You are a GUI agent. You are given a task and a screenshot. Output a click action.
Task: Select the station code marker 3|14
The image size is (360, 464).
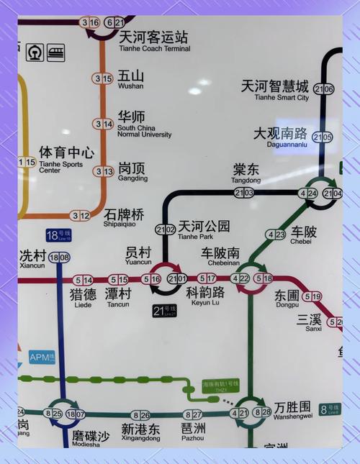pos(103,124)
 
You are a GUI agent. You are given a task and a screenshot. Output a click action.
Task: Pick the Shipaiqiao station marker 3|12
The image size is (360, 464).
pos(81,215)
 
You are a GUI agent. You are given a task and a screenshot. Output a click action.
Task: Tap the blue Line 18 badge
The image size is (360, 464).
pos(58,235)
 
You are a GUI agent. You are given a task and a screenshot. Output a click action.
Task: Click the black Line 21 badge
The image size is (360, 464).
pos(165,311)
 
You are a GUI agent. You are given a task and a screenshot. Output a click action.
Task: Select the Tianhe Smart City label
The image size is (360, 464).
pos(276,91)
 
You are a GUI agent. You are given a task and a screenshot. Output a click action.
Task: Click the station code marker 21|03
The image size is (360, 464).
pos(244,193)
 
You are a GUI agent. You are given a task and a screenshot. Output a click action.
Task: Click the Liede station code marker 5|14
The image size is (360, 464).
pos(83,280)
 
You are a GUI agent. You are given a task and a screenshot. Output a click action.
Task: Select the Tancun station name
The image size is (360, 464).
pos(118,298)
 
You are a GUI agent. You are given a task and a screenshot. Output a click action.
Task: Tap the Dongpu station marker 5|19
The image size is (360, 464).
pos(312,296)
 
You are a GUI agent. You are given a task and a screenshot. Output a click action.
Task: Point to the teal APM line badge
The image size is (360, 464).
pos(40,357)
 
